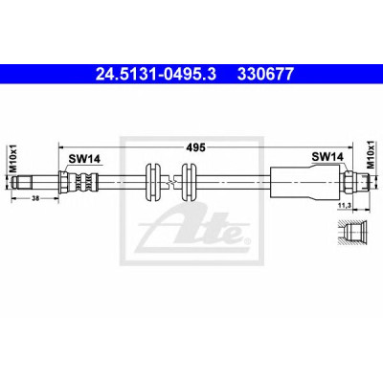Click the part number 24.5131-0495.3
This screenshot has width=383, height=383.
[156, 75]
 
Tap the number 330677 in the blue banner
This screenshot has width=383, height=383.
[264, 75]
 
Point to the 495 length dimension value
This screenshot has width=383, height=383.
[196, 147]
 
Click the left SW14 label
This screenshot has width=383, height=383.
[85, 159]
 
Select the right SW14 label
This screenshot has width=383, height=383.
[327, 157]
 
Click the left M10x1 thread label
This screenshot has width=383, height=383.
[13, 158]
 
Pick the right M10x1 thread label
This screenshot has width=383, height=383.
[371, 155]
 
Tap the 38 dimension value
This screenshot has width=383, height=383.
[35, 198]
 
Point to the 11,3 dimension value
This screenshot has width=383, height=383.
[345, 206]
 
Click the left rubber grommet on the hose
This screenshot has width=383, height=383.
[153, 182]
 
